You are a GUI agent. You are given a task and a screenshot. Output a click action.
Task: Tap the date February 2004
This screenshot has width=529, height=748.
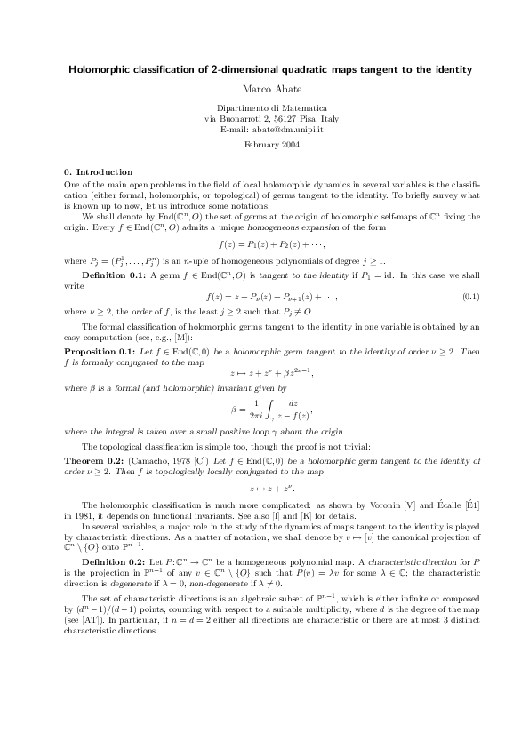coord(265,144)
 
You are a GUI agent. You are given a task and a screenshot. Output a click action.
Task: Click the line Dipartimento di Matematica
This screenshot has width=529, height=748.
coord(265,107)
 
